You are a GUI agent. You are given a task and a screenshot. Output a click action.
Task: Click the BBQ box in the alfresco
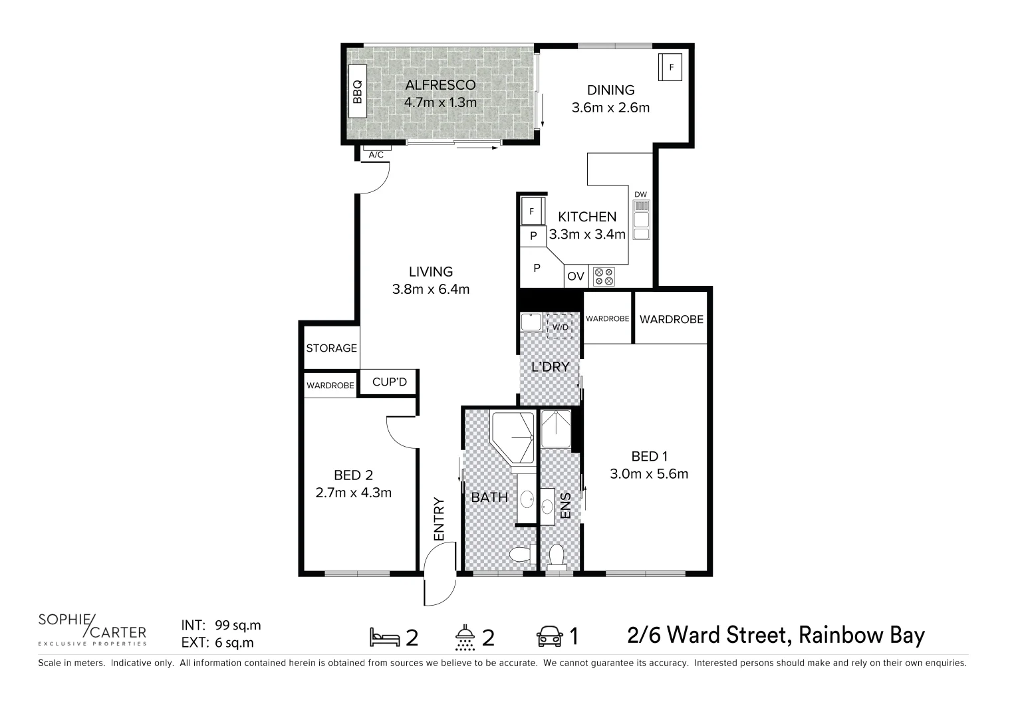(x=357, y=92)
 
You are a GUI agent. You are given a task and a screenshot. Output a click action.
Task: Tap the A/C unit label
(x=376, y=155)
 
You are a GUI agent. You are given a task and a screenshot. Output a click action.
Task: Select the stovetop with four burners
(x=604, y=277)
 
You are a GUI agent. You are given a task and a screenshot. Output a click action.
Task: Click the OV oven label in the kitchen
(x=576, y=277)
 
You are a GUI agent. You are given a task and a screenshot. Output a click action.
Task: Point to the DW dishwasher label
(x=640, y=195)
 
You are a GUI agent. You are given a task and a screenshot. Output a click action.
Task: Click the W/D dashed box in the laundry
(x=560, y=326)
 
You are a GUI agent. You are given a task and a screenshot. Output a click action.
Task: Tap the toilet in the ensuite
(x=556, y=557)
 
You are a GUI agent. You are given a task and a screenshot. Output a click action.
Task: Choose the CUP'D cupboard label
(x=389, y=382)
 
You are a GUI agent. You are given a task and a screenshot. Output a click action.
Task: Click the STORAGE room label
(x=331, y=348)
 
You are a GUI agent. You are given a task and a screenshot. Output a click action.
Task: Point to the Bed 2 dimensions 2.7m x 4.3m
(x=353, y=493)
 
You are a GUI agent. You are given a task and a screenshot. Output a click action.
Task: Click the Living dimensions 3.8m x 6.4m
(x=431, y=289)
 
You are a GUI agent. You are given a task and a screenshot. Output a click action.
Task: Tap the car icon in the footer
(x=549, y=637)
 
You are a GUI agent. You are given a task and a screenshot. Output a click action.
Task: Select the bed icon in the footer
(x=385, y=637)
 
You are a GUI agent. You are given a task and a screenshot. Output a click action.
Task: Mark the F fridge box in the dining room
(x=670, y=67)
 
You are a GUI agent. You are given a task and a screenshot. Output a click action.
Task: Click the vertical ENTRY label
(x=439, y=519)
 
